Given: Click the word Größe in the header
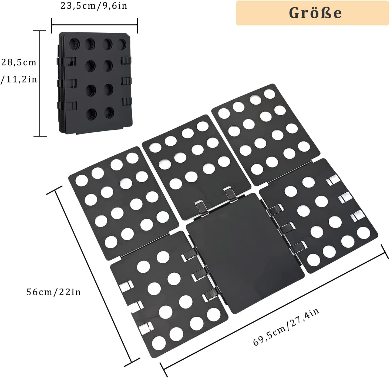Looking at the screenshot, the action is click(315, 13).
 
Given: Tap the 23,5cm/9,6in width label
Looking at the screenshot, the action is click(94, 6).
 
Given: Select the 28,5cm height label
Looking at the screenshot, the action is click(18, 63).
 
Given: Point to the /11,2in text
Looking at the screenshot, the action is click(19, 80).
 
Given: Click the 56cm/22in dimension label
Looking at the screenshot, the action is click(53, 292).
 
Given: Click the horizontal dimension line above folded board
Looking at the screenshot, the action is click(94, 25).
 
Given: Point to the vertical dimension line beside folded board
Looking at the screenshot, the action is click(40, 83).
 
